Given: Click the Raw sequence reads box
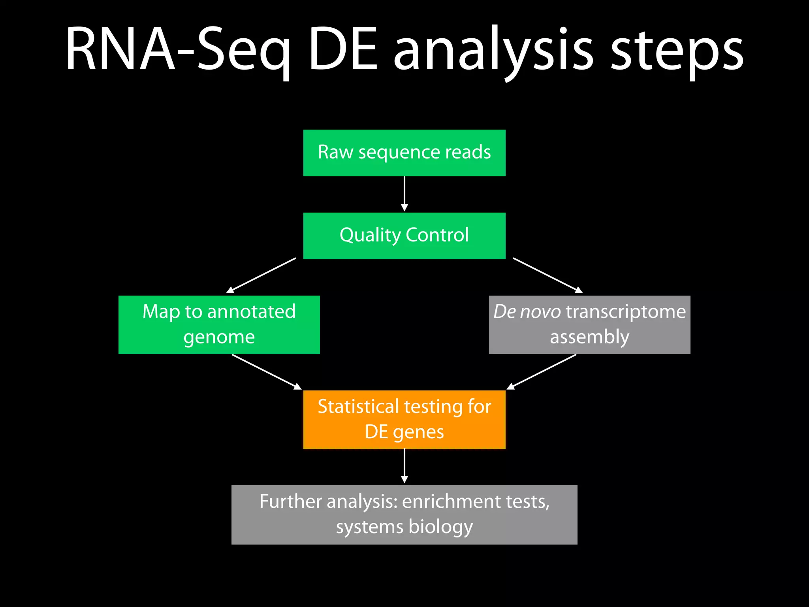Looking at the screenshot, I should click(x=404, y=153).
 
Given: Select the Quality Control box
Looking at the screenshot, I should click(x=404, y=236).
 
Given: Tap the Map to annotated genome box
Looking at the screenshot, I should click(x=219, y=324).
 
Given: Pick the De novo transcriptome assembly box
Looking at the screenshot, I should click(x=589, y=324).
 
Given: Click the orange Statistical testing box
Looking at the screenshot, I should click(x=404, y=419).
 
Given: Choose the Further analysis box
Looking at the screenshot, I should click(x=404, y=515).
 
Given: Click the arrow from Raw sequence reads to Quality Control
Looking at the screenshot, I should click(x=404, y=194).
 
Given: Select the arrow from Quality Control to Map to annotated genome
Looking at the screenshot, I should click(x=262, y=275).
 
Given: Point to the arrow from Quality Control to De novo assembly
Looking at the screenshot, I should click(x=547, y=275).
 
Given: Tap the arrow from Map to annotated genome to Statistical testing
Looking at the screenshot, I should click(x=266, y=371).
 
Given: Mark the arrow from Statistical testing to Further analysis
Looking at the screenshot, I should click(x=404, y=466).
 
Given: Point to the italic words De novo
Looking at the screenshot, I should click(x=527, y=311).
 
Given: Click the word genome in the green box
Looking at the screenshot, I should click(x=219, y=337).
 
